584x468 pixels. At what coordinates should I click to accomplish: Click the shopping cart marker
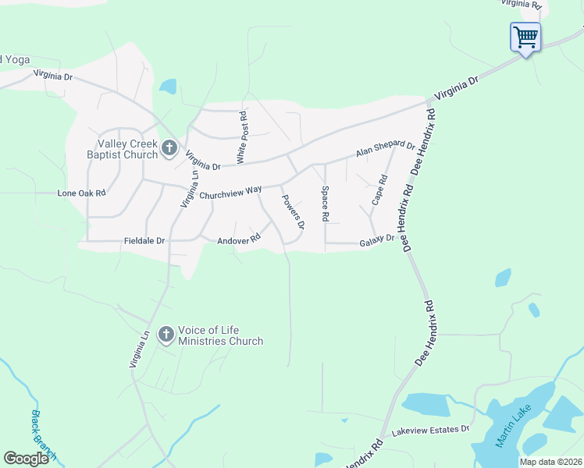525,37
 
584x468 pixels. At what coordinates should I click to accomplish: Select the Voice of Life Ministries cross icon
166,335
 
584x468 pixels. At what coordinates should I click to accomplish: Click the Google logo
26,458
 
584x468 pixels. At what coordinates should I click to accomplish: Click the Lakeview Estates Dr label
430,430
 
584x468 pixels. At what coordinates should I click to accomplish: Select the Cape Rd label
379,190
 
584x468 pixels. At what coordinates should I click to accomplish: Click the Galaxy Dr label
378,242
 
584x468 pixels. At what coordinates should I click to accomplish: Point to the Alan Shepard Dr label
386,148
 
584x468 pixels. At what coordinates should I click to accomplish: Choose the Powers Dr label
292,211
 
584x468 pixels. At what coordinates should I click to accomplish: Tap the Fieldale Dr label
144,241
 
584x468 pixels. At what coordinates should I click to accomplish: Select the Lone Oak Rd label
81,193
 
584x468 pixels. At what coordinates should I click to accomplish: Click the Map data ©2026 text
550,462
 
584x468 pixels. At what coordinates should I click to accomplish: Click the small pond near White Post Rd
168,86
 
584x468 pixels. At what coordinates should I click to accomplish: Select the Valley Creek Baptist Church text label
128,149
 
